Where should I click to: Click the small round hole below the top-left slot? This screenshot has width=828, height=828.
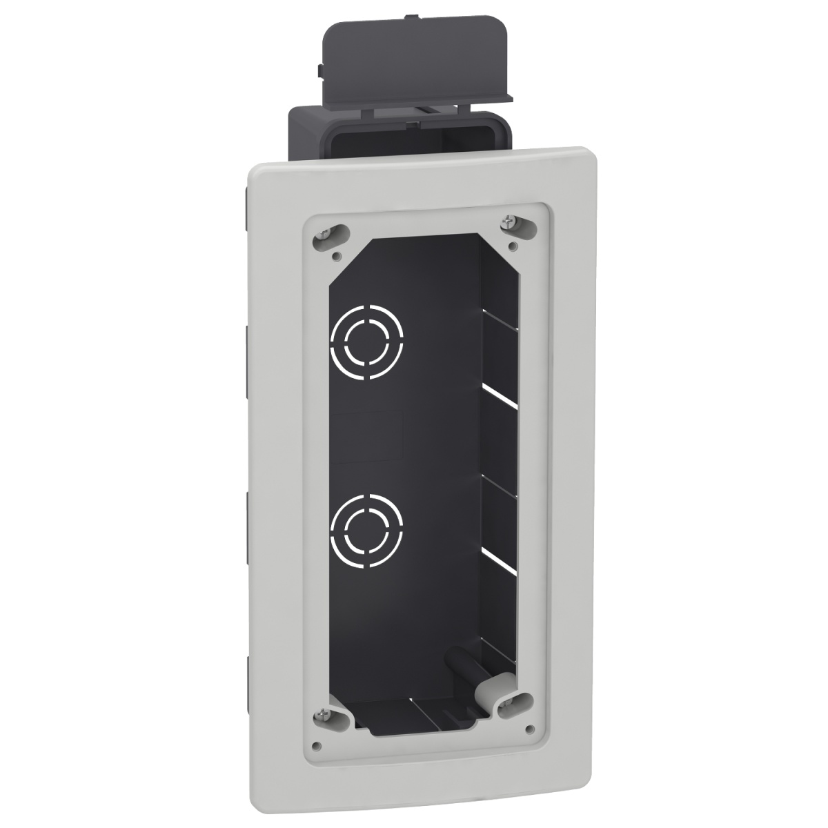point(335,255)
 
